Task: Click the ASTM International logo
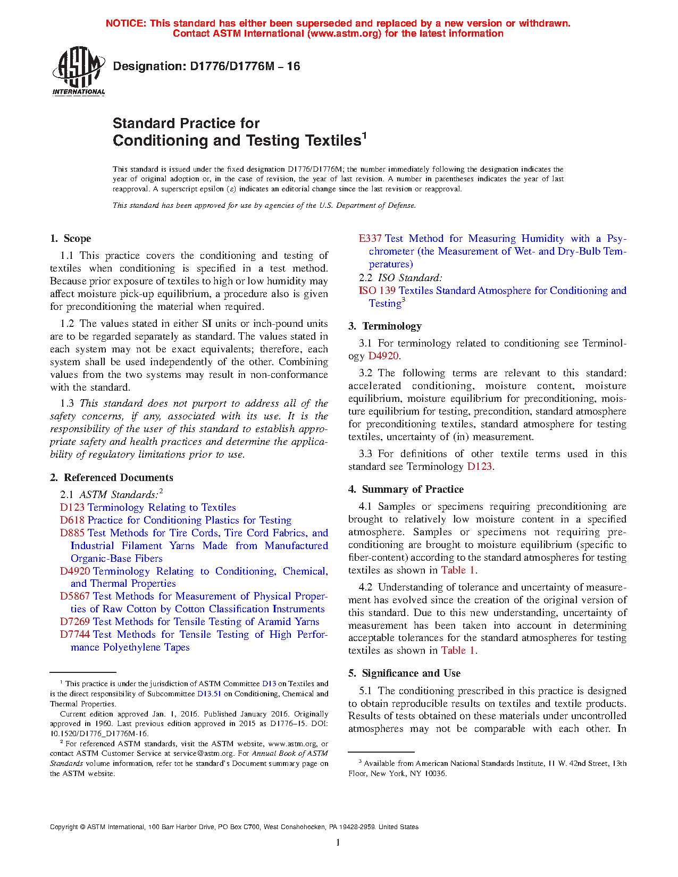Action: pyautogui.click(x=78, y=71)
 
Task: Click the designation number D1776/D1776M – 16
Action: pyautogui.click(x=206, y=66)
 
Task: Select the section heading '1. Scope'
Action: pyautogui.click(x=70, y=239)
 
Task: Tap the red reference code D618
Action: pyautogui.click(x=72, y=520)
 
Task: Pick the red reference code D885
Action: pyautogui.click(x=72, y=533)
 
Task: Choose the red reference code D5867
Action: pyautogui.click(x=75, y=596)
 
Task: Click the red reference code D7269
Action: pyautogui.click(x=75, y=622)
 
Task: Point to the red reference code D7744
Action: pyautogui.click(x=75, y=635)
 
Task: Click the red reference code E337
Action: pyautogui.click(x=370, y=239)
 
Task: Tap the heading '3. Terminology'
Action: pyautogui.click(x=384, y=326)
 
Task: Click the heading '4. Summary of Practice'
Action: pyautogui.click(x=406, y=490)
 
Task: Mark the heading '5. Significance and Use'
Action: pyautogui.click(x=404, y=673)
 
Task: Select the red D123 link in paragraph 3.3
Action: pyautogui.click(x=479, y=467)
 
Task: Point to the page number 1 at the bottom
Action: pyautogui.click(x=338, y=842)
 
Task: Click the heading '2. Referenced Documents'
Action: pyautogui.click(x=112, y=478)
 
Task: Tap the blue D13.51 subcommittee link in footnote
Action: pyautogui.click(x=209, y=694)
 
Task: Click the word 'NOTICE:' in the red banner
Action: pyautogui.click(x=126, y=23)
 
